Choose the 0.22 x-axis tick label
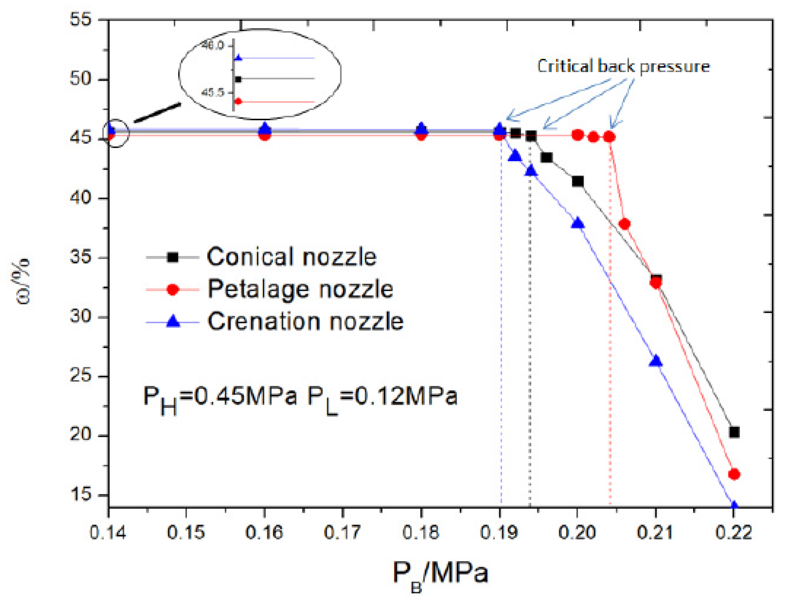point(734,532)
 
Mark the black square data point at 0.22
point(734,432)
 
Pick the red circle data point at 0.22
point(734,474)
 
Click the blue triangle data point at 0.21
point(656,361)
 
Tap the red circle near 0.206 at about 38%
point(625,224)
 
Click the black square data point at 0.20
point(577,182)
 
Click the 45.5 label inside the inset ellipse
point(213,93)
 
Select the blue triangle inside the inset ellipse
point(238,58)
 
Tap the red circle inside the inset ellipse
point(238,101)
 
